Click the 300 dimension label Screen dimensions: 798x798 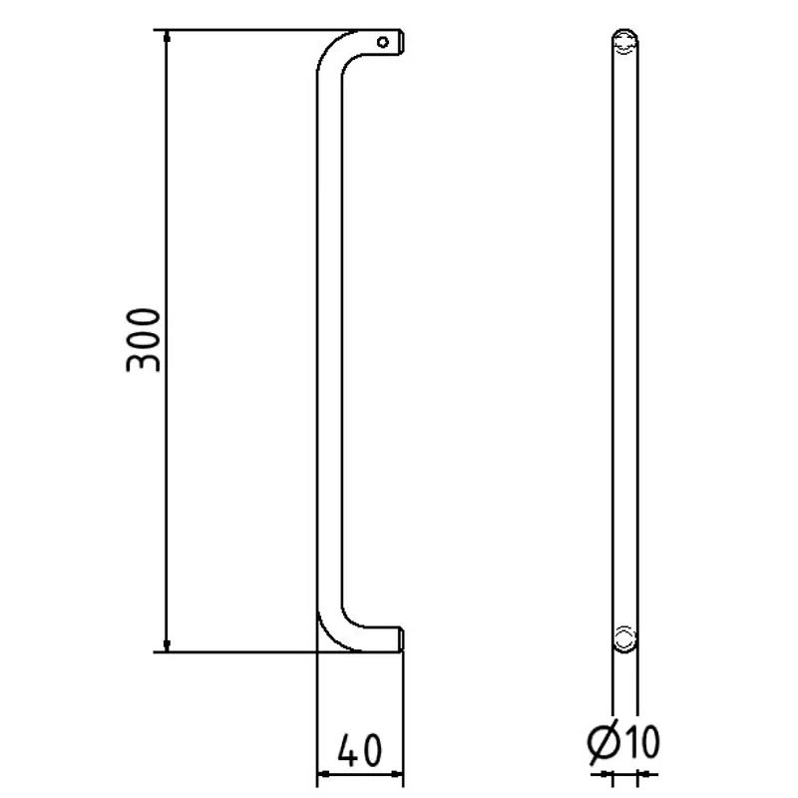coord(143,340)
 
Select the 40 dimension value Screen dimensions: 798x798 coord(359,750)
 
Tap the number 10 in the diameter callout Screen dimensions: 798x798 coord(642,741)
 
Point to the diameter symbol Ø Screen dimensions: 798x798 coord(603,742)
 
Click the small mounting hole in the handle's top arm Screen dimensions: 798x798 coord(383,42)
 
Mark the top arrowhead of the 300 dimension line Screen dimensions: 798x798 coord(167,37)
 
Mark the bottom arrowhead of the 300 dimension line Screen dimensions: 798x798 coord(167,644)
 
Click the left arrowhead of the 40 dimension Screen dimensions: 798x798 coord(324,774)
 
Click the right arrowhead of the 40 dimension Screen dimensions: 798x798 coord(396,774)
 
